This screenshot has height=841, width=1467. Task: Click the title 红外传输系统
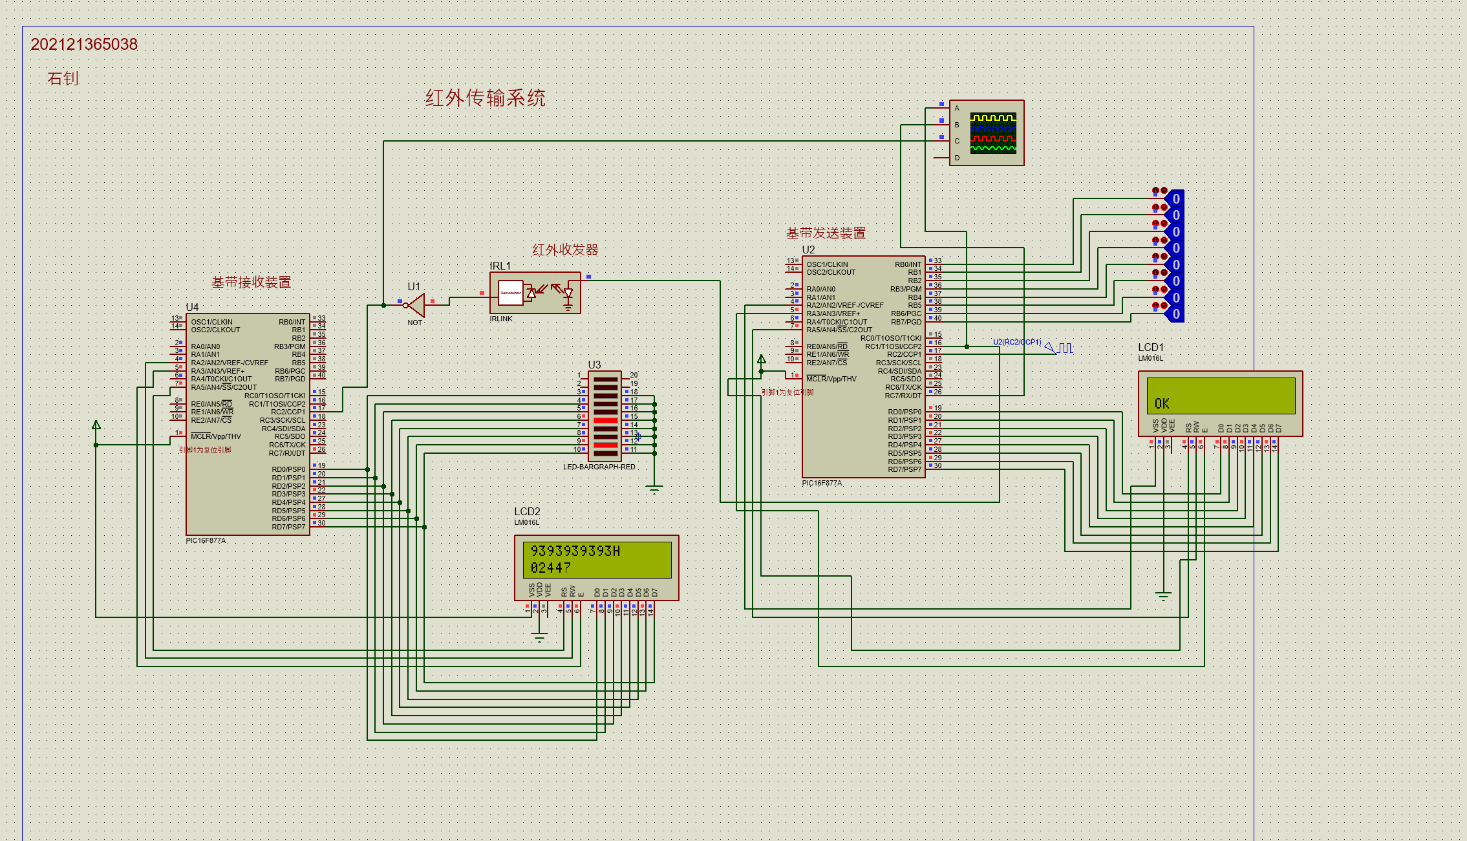(x=485, y=98)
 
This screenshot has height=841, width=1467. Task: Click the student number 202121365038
(x=84, y=44)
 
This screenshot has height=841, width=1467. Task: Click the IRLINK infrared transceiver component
(x=535, y=293)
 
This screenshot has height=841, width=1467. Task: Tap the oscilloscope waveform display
(x=993, y=133)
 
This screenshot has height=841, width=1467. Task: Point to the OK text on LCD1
(x=1162, y=404)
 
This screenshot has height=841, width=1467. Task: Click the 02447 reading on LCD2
(x=551, y=568)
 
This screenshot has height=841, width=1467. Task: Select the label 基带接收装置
(x=251, y=282)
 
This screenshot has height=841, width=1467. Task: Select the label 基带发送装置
(x=826, y=233)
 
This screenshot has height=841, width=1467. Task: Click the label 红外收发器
(x=564, y=250)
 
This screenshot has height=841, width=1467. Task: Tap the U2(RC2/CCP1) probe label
(x=1017, y=342)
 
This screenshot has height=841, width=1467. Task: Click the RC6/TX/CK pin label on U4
(x=287, y=445)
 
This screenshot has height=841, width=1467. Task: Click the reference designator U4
(x=192, y=307)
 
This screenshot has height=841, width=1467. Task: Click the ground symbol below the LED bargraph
(x=654, y=489)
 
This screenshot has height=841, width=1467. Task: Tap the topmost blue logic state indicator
(x=1176, y=198)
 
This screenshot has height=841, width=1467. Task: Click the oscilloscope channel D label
(x=957, y=158)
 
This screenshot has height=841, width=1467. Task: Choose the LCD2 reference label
(x=527, y=511)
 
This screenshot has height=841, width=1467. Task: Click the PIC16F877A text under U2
(x=822, y=483)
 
